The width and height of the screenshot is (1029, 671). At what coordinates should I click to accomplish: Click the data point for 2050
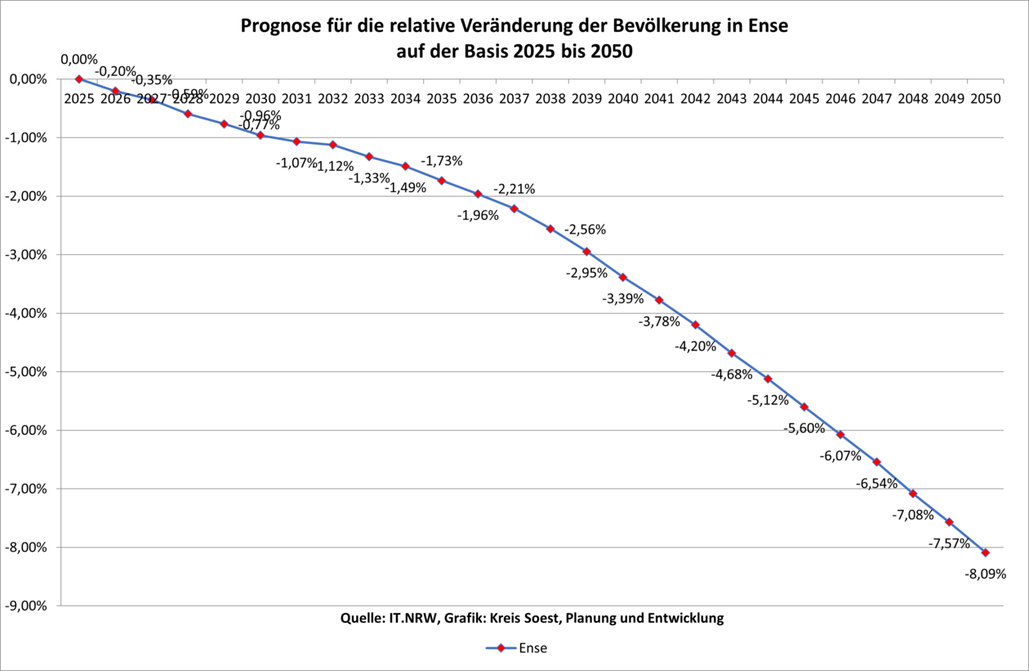tap(986, 552)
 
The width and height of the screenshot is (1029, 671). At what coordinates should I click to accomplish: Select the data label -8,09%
tap(986, 574)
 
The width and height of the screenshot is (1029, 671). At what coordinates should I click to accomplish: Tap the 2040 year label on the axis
tap(622, 99)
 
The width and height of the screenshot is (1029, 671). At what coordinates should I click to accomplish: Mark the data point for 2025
tap(79, 79)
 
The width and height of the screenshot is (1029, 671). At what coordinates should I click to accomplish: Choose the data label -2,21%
tap(514, 189)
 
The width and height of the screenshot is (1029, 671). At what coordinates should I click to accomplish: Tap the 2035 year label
tap(442, 99)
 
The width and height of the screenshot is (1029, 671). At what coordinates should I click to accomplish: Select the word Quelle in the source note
tap(359, 618)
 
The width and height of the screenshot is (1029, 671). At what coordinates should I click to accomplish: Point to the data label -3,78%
tap(659, 321)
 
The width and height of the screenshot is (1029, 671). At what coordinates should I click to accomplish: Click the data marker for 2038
tap(550, 229)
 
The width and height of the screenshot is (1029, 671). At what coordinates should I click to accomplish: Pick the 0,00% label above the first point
tap(79, 59)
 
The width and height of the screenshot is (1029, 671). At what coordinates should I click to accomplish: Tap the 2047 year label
tap(876, 99)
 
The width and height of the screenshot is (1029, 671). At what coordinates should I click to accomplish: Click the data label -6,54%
tap(876, 483)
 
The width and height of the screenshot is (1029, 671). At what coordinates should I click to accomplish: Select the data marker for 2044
tap(768, 379)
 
